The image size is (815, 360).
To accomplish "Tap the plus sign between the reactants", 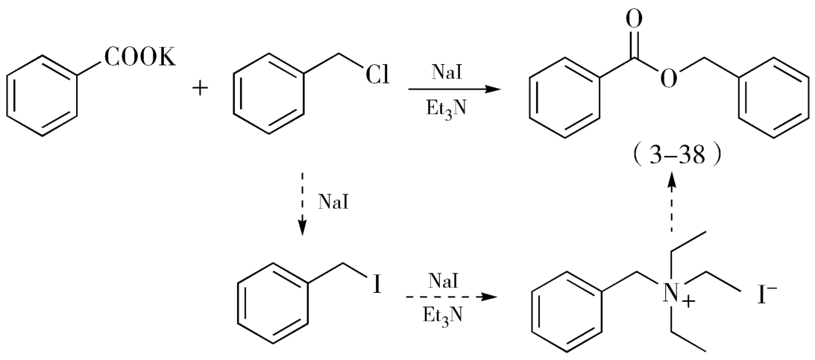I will [200, 89].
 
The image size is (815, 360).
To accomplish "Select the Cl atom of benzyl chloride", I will [376, 75].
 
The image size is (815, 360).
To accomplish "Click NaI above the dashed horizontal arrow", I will [445, 281].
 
